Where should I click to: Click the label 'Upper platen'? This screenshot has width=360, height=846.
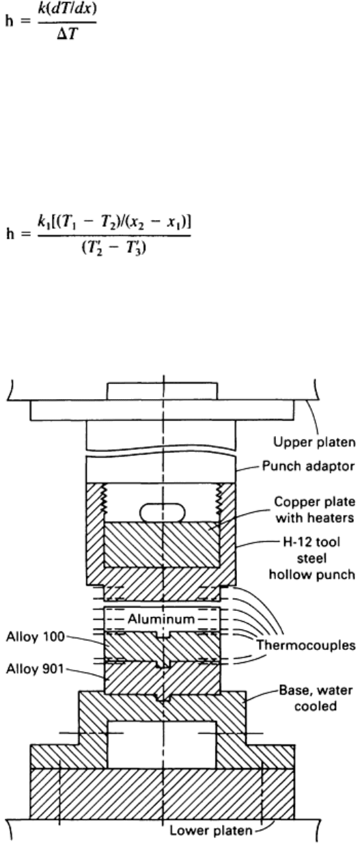coord(314,442)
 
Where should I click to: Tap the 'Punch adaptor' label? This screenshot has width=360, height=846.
coord(308,466)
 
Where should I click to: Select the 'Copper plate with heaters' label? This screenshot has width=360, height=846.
coord(314,510)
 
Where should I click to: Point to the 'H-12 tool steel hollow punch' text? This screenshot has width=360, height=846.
coord(311,558)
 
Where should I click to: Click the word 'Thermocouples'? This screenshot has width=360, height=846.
coord(306,644)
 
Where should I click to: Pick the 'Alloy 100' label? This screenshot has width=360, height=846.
coord(36,636)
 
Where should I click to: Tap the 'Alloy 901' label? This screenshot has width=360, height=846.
coord(35,669)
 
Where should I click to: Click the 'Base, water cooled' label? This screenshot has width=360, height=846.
coord(316,698)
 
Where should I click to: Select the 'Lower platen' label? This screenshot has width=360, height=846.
coord(210,830)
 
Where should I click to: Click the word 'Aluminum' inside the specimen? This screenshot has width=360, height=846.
coord(161,619)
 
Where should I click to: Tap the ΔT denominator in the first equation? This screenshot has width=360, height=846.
coord(68,34)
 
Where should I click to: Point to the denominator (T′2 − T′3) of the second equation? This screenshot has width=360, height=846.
coord(114,248)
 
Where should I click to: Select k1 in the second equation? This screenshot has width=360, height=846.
coord(42,223)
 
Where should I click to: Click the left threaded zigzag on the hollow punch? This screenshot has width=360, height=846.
coord(104,500)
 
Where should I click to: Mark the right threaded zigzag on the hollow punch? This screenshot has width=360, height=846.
coord(219,500)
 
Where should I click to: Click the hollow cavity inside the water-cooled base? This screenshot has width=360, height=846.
coord(163,744)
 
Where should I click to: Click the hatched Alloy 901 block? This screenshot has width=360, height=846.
coord(162,678)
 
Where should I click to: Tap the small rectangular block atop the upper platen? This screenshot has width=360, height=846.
coord(163,392)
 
